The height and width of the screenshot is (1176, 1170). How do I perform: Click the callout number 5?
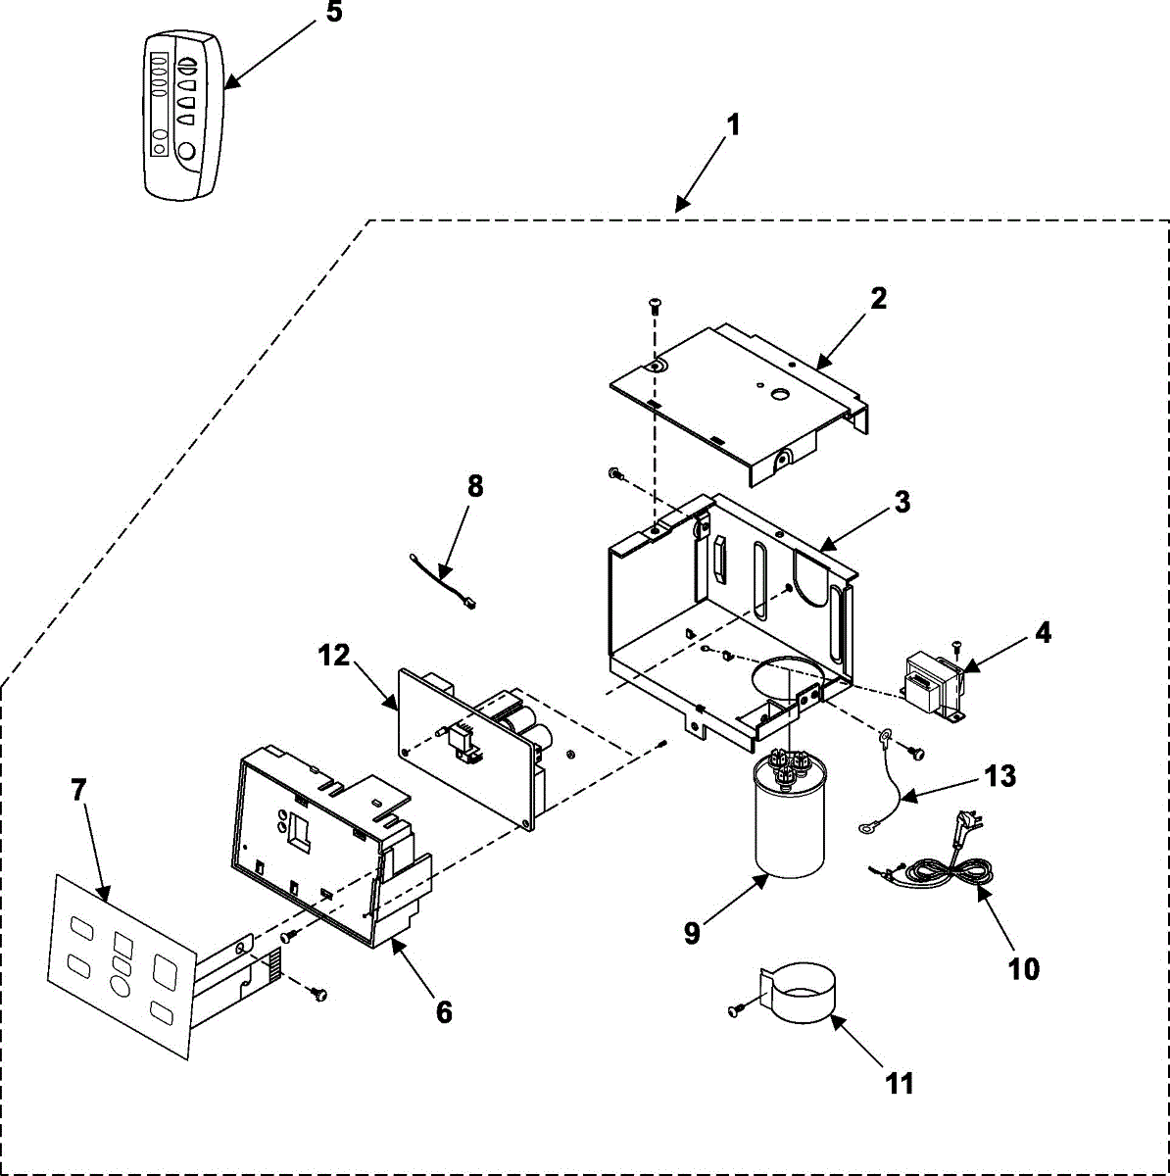click(334, 16)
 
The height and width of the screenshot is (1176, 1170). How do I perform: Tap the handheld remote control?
click(182, 116)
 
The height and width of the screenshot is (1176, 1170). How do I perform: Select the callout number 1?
click(733, 126)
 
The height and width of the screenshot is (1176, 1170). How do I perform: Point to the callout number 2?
click(878, 298)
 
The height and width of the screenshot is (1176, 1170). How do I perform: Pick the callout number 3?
click(902, 503)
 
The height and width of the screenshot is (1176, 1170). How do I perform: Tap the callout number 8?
click(475, 487)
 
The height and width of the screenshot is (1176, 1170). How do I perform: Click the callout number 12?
click(334, 655)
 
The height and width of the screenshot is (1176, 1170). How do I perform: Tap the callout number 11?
click(899, 1083)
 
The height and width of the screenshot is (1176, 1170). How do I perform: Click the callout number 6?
click(444, 1012)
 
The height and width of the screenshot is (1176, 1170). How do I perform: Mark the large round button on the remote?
click(186, 152)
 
